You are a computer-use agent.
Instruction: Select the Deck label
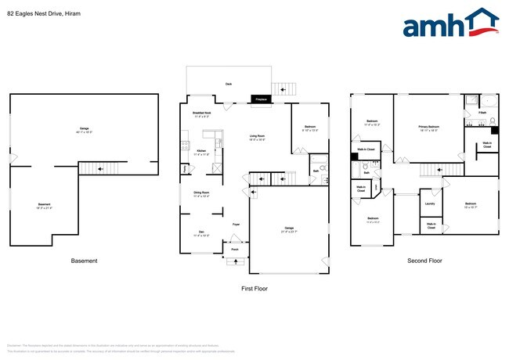(x=229, y=83)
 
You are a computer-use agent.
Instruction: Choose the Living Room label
(x=259, y=138)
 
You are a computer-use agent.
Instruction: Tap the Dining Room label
(x=201, y=193)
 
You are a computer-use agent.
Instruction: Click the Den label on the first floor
(x=201, y=232)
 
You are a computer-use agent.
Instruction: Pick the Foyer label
(x=235, y=225)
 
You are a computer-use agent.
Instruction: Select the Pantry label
(x=185, y=168)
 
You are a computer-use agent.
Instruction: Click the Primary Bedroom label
(x=428, y=128)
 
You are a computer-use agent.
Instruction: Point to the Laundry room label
(x=430, y=204)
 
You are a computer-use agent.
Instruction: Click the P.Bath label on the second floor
(x=482, y=113)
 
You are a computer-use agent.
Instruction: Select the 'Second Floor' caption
(x=424, y=261)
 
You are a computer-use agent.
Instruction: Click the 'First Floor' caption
(x=254, y=289)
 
